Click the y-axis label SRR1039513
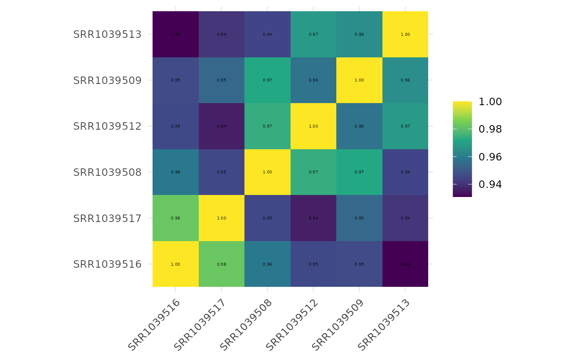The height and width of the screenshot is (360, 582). (x=107, y=35)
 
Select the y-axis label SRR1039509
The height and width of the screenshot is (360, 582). (x=107, y=80)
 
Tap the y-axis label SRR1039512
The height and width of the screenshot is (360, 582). (x=107, y=126)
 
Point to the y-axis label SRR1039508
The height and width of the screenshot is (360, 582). (x=107, y=172)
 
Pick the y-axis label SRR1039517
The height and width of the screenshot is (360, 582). (x=107, y=218)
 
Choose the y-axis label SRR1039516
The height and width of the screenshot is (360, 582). (x=107, y=264)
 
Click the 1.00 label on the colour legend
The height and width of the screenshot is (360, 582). (x=490, y=102)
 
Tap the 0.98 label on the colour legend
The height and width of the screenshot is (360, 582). (x=490, y=129)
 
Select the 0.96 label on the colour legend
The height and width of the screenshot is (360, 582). (x=490, y=157)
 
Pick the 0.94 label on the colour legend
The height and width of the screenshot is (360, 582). (x=490, y=184)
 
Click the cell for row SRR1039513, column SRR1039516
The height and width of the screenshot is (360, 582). (x=175, y=34)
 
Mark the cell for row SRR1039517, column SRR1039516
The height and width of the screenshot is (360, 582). (x=175, y=218)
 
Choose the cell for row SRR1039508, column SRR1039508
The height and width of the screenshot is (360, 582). (x=267, y=172)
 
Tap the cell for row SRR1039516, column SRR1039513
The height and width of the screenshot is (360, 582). (x=405, y=264)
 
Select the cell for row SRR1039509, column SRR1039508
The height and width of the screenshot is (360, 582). (x=267, y=80)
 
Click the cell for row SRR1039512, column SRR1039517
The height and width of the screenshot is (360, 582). (x=222, y=126)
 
